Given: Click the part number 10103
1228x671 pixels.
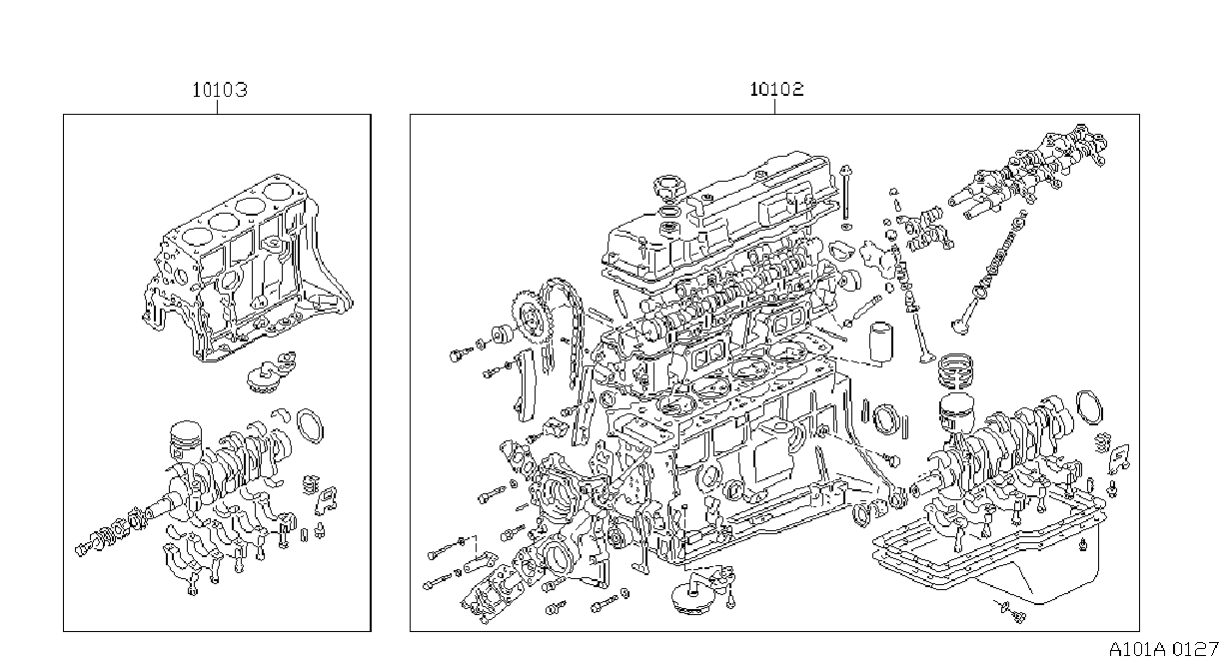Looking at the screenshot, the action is tap(220, 90).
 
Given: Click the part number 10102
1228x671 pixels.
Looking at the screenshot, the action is tap(776, 89).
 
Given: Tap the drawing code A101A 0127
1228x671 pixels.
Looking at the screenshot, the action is tap(1164, 650).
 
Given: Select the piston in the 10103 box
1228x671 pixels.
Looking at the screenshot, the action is tap(185, 440).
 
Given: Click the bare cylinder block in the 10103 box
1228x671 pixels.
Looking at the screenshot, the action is tap(247, 269).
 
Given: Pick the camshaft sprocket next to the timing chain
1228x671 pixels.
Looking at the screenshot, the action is tap(532, 318).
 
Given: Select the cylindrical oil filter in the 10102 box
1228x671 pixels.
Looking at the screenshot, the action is tap(880, 343).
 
